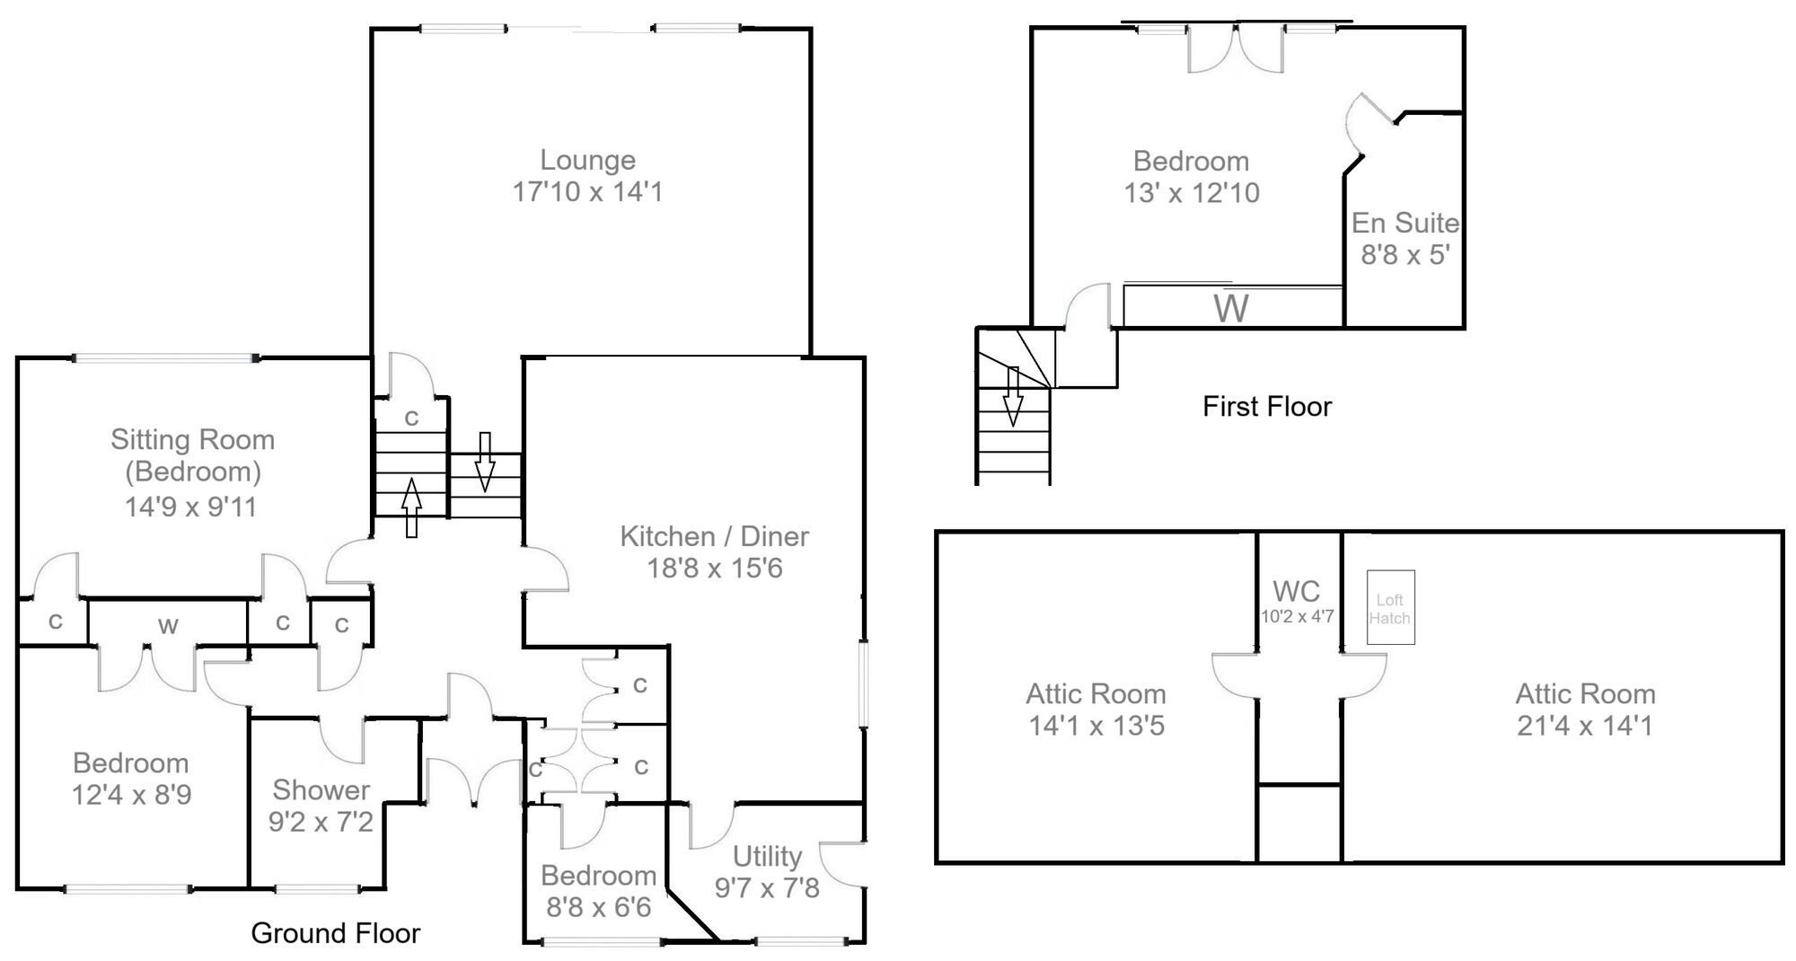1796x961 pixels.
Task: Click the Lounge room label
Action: click(x=587, y=161)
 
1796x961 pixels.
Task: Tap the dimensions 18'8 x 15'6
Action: click(x=715, y=569)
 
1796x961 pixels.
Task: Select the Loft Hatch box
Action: click(x=1390, y=608)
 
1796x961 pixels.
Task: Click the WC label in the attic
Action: click(x=1296, y=591)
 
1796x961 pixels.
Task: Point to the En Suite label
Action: click(x=1404, y=223)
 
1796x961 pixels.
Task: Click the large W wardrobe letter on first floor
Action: click(x=1231, y=309)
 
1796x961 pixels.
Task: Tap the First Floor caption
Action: click(x=1266, y=407)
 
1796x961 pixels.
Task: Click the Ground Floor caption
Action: click(x=335, y=934)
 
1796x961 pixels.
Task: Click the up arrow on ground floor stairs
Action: click(x=411, y=507)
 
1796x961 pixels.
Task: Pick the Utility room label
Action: click(x=766, y=857)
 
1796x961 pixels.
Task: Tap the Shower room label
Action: click(x=321, y=790)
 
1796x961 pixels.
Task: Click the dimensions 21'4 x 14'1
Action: click(x=1584, y=726)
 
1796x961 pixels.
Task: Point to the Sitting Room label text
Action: click(x=192, y=440)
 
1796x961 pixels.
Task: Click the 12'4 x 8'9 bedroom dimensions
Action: click(x=131, y=795)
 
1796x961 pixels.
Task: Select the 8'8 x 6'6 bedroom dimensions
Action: click(x=598, y=907)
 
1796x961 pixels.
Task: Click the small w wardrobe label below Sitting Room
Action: click(x=168, y=626)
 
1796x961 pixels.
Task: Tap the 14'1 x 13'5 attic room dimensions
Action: click(x=1096, y=726)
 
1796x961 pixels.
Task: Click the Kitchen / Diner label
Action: click(x=714, y=537)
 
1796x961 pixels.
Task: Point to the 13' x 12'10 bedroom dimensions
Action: click(x=1191, y=193)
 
